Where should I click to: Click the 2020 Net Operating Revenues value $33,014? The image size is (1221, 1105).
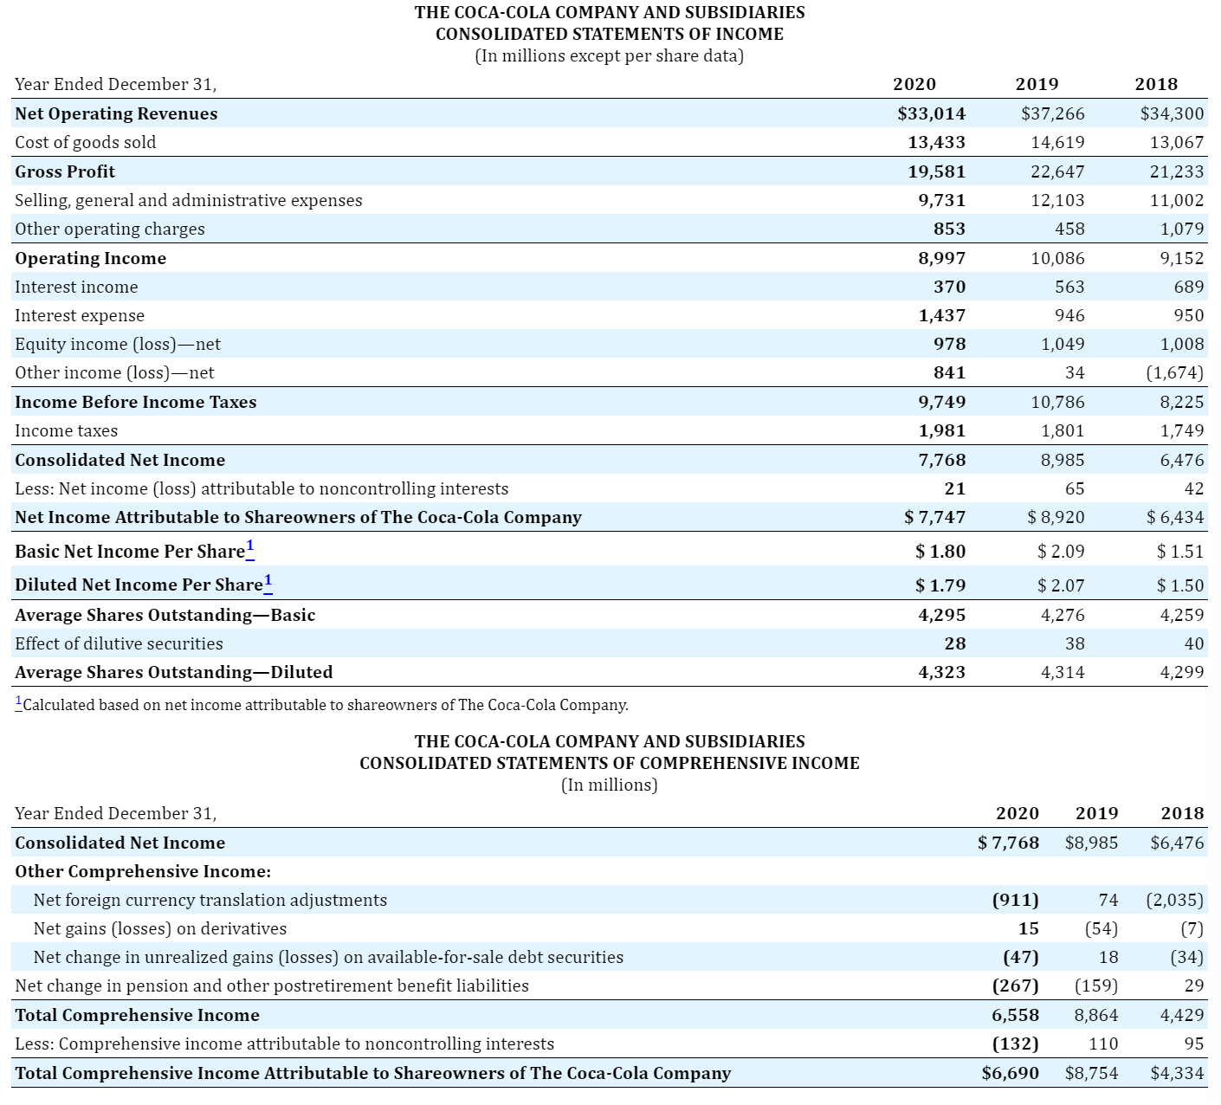coord(931,113)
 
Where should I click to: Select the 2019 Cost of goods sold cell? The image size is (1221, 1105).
coord(1057,143)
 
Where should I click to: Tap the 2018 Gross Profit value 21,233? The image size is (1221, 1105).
coord(1177,171)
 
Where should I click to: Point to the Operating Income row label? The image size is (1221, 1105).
coord(91,258)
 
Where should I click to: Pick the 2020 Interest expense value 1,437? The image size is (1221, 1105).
coord(941,315)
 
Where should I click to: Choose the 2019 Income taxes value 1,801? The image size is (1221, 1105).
coord(1063,431)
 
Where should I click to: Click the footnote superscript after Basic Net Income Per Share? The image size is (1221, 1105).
coord(249,546)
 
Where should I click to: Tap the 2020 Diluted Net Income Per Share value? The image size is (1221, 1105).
coord(940,585)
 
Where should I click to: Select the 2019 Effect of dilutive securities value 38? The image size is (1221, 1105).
coord(1075,643)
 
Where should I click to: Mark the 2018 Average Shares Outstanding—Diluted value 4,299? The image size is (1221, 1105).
coord(1182,672)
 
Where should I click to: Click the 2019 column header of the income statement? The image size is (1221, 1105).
coord(1037,84)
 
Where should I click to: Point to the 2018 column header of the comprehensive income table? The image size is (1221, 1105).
coord(1182,813)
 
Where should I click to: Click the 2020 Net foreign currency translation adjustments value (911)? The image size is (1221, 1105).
coord(1015,900)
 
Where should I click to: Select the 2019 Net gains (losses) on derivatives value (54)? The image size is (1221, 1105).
coord(1101,928)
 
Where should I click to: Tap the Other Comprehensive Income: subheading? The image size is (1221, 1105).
coord(143,871)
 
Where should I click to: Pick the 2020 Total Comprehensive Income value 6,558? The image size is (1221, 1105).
coord(1015,1015)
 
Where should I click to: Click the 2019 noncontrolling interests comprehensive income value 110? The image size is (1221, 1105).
coord(1103,1044)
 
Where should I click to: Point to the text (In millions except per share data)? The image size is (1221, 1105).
coord(610,56)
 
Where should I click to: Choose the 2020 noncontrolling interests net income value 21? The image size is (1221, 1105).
coord(954,488)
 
